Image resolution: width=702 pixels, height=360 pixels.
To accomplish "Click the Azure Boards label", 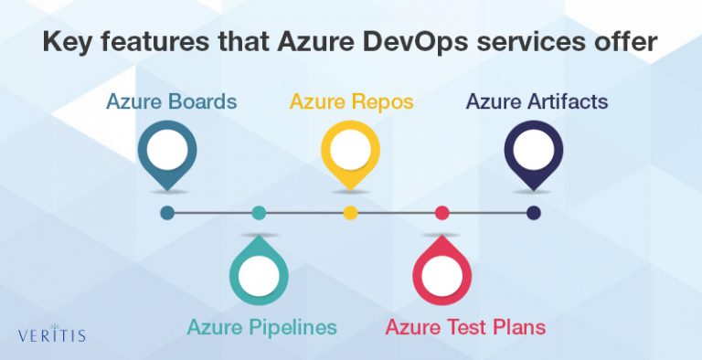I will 173,101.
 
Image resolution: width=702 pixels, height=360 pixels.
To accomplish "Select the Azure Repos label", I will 351,101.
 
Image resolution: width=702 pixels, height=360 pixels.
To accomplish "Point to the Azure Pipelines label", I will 262,326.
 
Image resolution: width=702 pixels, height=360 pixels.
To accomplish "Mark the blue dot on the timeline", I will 167,213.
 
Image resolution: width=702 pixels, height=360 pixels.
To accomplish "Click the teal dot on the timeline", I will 259,213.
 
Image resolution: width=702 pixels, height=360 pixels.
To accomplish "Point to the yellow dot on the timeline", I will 350,213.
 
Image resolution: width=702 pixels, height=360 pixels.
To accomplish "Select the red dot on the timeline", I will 442,213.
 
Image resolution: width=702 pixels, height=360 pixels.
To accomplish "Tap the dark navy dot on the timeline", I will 534,213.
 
